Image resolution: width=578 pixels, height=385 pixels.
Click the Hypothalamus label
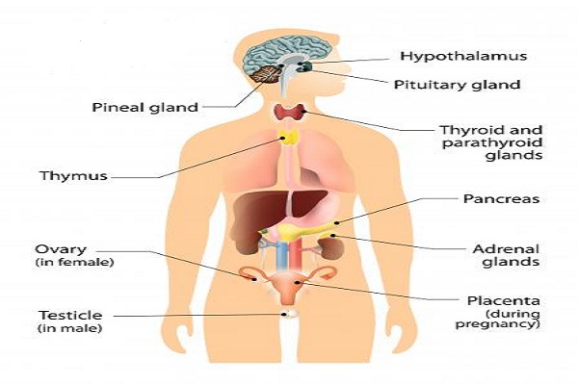click(x=463, y=57)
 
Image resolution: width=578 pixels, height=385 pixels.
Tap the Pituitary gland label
click(x=457, y=85)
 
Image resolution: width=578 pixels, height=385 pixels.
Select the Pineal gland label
click(x=144, y=108)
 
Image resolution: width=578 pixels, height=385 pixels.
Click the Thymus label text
click(x=74, y=176)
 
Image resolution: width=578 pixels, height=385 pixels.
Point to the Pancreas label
click(x=501, y=199)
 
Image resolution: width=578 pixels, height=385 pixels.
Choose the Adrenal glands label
click(x=506, y=255)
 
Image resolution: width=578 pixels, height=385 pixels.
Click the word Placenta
click(x=504, y=301)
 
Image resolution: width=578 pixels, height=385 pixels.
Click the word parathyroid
click(x=492, y=142)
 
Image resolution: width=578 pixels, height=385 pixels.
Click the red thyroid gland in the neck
click(x=290, y=112)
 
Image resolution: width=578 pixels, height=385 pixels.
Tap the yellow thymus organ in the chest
click(x=289, y=138)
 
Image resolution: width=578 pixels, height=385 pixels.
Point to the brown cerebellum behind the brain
click(x=266, y=74)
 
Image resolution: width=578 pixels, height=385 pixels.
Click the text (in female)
click(x=75, y=263)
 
